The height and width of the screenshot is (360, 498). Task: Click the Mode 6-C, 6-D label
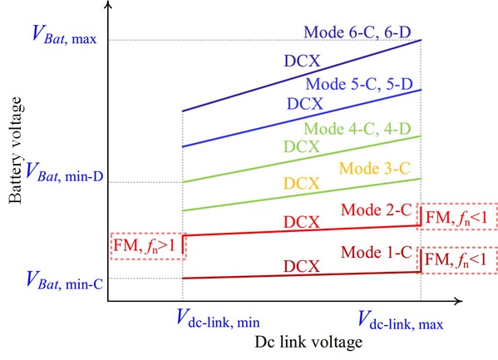click(x=357, y=32)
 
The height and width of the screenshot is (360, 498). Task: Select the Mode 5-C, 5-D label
click(x=359, y=84)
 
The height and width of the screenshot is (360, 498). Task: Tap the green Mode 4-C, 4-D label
click(x=357, y=129)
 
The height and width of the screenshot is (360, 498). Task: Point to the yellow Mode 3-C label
click(x=375, y=168)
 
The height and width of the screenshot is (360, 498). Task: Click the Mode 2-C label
click(x=377, y=210)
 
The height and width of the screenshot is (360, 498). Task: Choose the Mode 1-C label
click(x=377, y=252)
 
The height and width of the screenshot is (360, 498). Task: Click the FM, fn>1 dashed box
click(x=148, y=246)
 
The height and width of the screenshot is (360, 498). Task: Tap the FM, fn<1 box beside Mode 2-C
click(x=457, y=216)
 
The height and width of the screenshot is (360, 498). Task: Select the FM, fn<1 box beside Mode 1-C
click(x=457, y=260)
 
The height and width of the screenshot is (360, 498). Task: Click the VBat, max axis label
click(x=64, y=34)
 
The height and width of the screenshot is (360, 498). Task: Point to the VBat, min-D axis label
click(x=65, y=172)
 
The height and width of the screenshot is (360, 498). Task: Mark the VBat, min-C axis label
click(x=65, y=280)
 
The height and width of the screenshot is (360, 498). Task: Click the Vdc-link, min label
click(x=218, y=318)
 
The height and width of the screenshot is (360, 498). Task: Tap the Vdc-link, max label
click(x=400, y=319)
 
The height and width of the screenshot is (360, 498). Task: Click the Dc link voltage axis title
click(x=308, y=343)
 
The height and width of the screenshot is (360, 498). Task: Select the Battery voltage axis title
click(x=15, y=150)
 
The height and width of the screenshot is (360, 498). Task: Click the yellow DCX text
click(x=302, y=184)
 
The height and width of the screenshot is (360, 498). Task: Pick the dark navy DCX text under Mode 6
click(x=302, y=61)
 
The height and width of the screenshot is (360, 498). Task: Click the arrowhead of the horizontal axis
click(x=458, y=301)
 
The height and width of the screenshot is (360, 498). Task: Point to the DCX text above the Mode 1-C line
click(x=302, y=266)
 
